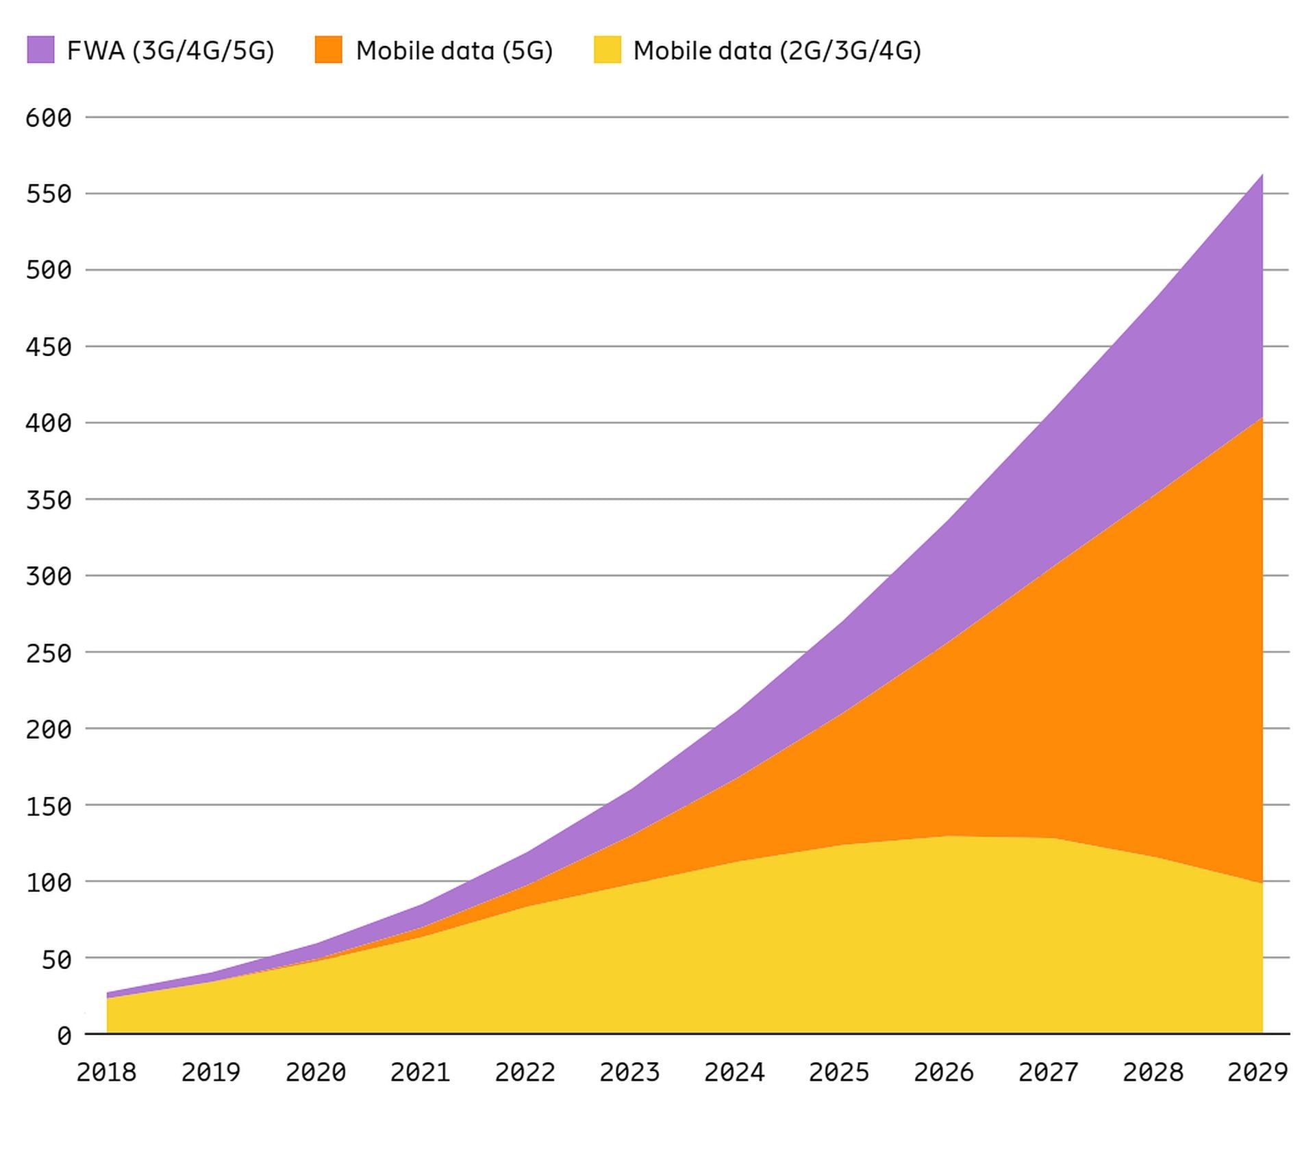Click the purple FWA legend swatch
(x=40, y=50)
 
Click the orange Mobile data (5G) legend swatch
(x=328, y=50)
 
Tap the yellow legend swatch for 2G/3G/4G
(x=607, y=50)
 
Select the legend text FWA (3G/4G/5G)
(x=171, y=51)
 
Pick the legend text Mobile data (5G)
(x=454, y=51)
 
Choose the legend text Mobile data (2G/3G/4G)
(x=777, y=51)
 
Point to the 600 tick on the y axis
(x=49, y=118)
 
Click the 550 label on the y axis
(x=49, y=194)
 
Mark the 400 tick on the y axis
(x=49, y=423)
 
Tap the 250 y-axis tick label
(x=49, y=653)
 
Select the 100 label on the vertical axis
(x=49, y=883)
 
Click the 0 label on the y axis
(x=64, y=1036)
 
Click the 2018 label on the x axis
(x=106, y=1072)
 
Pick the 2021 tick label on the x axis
(x=420, y=1072)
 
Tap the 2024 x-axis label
(x=734, y=1072)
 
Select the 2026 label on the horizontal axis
(x=943, y=1072)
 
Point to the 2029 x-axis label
(x=1257, y=1072)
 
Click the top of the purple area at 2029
(x=1262, y=175)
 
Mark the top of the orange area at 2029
(x=1262, y=418)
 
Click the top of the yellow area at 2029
(x=1262, y=883)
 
